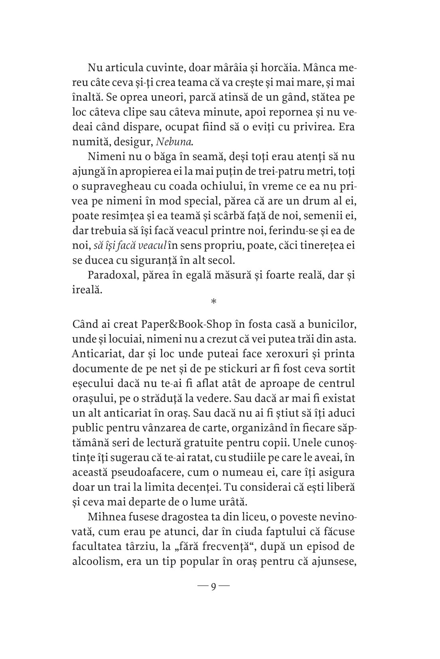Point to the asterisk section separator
coord(213,302)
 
